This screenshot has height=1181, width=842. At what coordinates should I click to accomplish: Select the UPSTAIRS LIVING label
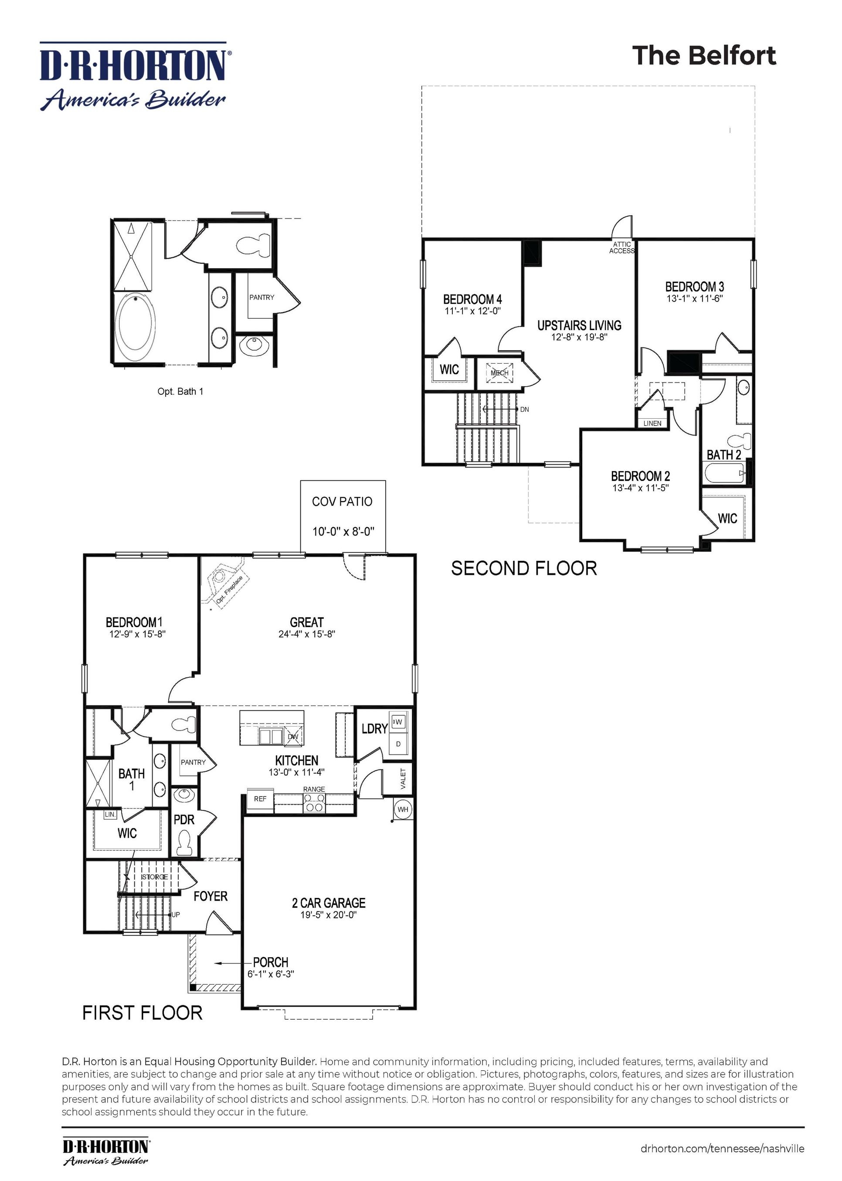[579, 325]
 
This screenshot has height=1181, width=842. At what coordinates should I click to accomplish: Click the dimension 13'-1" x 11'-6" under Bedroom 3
[694, 299]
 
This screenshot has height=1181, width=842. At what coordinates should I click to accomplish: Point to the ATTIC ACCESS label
[621, 248]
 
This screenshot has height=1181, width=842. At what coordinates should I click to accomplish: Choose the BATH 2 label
[723, 454]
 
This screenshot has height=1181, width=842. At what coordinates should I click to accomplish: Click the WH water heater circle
[403, 809]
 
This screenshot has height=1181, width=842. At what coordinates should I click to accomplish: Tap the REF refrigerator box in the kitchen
[260, 799]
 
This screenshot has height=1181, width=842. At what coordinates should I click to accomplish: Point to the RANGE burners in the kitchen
[314, 806]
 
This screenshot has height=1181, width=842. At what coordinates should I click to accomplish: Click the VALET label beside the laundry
[404, 778]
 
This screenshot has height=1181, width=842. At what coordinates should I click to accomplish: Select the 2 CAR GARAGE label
[329, 903]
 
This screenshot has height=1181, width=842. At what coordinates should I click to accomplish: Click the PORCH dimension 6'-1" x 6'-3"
[270, 974]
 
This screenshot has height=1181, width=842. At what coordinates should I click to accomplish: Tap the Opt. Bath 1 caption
[180, 391]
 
